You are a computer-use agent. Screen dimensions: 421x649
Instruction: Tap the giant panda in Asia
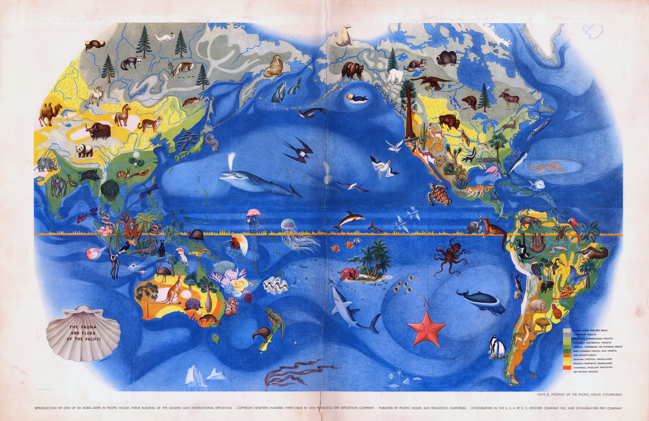[x=84, y=150]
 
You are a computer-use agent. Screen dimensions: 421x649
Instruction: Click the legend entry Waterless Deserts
[x=586, y=372]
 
